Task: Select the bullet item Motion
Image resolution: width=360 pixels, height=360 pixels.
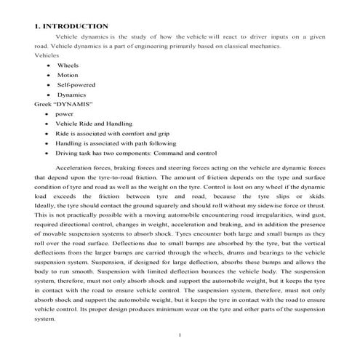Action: tap(68, 75)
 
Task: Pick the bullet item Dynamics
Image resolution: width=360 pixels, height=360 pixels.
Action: tap(71, 95)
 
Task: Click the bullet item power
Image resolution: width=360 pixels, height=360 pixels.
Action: tap(64, 114)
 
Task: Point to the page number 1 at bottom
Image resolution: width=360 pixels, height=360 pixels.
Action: tap(180, 334)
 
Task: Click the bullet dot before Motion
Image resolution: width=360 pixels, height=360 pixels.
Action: tap(47, 75)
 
